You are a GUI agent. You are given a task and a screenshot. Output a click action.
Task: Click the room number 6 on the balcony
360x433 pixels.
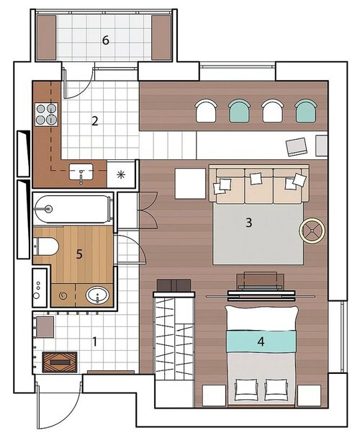106,40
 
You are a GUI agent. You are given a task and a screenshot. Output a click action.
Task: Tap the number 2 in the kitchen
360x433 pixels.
95,121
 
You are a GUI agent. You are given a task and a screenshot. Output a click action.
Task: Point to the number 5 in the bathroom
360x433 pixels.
79,254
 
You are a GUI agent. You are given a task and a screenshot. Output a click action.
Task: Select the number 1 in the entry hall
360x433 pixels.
95,342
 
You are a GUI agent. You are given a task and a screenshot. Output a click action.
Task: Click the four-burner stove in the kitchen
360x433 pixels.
46,115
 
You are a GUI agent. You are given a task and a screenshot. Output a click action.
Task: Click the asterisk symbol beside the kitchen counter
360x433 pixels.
121,174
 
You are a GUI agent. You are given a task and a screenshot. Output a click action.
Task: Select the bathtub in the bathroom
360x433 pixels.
72,210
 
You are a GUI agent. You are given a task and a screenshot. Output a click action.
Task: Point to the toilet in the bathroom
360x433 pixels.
46,246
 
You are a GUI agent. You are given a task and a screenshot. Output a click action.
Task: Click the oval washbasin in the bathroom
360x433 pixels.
97,295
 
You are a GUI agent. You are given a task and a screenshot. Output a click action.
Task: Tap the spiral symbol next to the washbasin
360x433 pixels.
63,296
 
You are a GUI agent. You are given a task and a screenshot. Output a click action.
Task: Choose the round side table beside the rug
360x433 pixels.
312,231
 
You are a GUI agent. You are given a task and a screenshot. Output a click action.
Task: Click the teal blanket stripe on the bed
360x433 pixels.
261,342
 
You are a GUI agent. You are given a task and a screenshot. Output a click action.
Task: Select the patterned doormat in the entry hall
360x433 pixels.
60,362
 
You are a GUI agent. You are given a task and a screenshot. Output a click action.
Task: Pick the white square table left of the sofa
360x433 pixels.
191,184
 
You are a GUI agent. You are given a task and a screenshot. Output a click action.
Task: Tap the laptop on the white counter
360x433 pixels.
297,147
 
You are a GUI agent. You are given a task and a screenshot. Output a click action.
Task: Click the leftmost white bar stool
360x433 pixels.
206,111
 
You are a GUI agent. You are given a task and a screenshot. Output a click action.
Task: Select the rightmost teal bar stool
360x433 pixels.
306,111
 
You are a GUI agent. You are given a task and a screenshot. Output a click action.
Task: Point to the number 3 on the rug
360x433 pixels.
249,223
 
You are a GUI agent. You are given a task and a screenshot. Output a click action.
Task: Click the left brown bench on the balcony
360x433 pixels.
46,37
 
